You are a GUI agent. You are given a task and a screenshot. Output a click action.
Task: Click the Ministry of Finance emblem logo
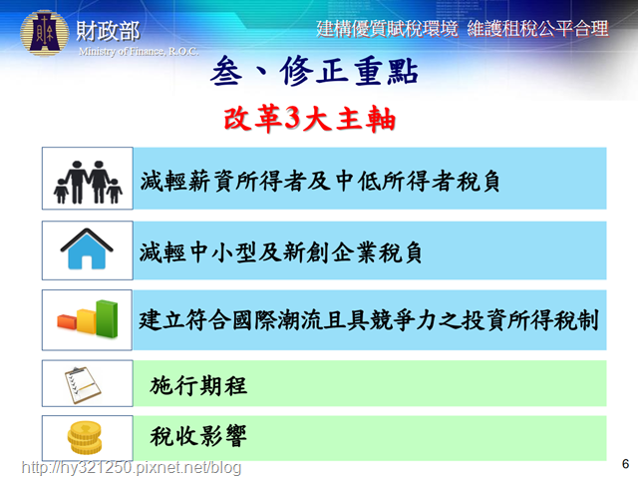tap(44, 33)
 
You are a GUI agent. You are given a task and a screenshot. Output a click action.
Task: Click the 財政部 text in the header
tap(109, 31)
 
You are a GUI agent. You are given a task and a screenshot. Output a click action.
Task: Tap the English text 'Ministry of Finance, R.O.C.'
tap(139, 51)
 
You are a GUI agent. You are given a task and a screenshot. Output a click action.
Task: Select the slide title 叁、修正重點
tap(314, 71)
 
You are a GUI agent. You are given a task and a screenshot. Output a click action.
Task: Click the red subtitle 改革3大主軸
tap(310, 119)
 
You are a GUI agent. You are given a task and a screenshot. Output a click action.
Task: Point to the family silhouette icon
tap(88, 182)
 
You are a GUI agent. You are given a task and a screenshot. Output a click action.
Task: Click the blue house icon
tap(87, 248)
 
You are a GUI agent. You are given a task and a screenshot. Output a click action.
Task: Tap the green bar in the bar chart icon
tap(107, 319)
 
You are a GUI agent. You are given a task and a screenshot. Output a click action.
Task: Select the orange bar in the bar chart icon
tap(67, 321)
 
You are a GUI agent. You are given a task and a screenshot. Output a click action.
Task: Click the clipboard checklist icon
tap(83, 385)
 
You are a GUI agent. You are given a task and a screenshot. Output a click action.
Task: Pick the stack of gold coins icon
tap(85, 438)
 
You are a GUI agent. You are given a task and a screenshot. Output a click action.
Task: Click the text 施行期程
tap(198, 385)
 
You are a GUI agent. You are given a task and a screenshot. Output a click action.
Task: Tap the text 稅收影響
tap(198, 436)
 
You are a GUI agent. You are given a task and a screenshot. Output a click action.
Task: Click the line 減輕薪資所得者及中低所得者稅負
tap(320, 181)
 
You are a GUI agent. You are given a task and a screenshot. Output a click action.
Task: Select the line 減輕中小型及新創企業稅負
tap(281, 252)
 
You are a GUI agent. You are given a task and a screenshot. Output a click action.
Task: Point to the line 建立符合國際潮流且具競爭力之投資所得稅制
tap(369, 320)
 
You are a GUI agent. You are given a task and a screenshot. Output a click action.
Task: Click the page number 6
tap(625, 464)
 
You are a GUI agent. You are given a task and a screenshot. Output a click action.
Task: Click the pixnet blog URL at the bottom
tap(132, 467)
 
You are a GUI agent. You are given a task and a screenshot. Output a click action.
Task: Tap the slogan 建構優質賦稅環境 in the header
tap(388, 29)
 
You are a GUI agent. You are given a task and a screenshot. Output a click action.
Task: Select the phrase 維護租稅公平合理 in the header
tap(538, 29)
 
